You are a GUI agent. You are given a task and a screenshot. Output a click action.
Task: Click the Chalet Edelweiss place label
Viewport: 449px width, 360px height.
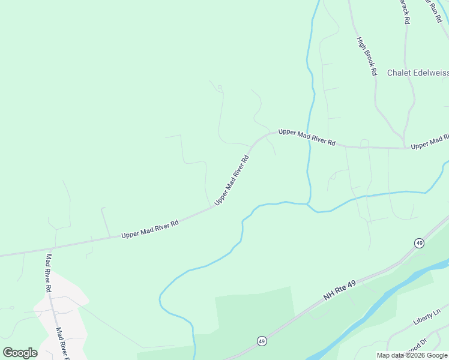[417, 73]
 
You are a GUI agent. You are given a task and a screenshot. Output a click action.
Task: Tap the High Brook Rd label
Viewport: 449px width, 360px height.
[366, 56]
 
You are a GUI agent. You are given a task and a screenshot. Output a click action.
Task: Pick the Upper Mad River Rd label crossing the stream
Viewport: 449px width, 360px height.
[306, 137]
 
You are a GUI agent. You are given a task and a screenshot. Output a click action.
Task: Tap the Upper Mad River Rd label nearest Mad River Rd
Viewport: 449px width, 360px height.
[150, 229]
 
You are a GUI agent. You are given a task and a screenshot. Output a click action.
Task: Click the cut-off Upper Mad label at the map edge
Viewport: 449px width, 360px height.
[429, 142]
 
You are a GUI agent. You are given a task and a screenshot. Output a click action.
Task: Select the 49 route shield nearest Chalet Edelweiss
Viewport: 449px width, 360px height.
[418, 242]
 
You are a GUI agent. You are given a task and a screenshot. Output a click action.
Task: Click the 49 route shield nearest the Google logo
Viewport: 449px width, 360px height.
[262, 341]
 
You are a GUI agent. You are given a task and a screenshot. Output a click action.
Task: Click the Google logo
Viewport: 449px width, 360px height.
[20, 353]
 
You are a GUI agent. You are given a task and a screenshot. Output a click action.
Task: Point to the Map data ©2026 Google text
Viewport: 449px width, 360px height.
[412, 355]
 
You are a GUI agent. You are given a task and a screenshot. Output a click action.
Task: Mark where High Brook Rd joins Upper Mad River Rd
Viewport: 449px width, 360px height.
[403, 148]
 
